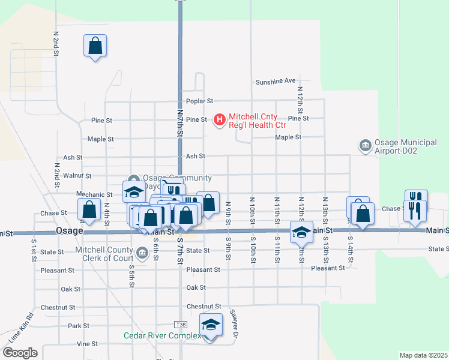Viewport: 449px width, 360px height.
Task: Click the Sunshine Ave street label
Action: tap(276, 81)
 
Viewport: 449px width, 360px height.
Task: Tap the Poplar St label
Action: tap(199, 101)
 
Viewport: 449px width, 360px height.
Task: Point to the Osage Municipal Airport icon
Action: tap(364, 146)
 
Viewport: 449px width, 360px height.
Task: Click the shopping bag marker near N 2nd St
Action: tap(95, 46)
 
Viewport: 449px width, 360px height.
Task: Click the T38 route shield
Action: tap(181, 325)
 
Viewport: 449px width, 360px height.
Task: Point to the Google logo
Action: tap(19, 353)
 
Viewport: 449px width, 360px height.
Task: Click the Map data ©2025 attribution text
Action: tap(423, 355)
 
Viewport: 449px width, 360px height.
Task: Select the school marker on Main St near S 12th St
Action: tap(301, 232)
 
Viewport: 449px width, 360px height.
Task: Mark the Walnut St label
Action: tap(77, 176)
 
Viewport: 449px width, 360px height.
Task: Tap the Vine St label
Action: tap(87, 344)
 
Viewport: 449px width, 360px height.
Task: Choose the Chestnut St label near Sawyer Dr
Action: tap(204, 307)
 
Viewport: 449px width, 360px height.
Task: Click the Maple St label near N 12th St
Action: tap(288, 137)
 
